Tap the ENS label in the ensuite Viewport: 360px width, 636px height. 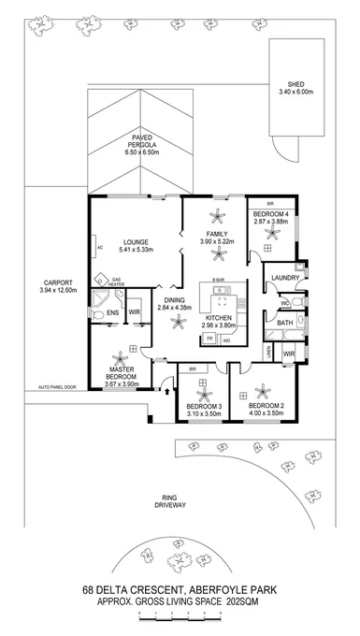click(111, 313)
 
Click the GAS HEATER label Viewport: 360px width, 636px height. click(118, 282)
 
